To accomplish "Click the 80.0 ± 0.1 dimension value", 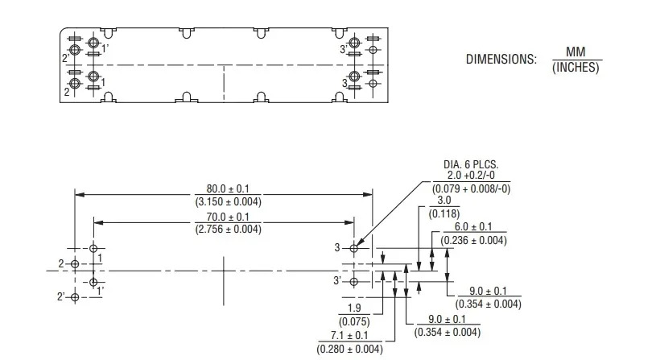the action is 228,188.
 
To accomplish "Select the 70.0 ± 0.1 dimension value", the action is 228,217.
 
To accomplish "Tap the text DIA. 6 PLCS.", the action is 471,164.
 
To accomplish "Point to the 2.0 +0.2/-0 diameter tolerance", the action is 471,176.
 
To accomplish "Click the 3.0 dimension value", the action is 444,200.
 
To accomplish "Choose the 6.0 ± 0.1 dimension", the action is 473,227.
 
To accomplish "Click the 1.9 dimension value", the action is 354,308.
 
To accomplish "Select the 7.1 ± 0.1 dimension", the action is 349,335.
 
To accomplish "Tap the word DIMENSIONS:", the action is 501,59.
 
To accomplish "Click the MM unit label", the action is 576,52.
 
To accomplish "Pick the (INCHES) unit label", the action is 576,68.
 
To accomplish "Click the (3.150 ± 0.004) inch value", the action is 228,202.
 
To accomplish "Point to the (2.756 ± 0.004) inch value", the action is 228,230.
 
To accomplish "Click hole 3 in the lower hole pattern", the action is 354,248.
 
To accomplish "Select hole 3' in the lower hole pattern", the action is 354,281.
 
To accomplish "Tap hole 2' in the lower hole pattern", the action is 75,297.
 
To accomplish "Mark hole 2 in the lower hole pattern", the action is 75,264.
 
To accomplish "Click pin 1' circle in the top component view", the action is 93,43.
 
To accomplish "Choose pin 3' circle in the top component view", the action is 354,43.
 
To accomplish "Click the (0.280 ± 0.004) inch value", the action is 350,349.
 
